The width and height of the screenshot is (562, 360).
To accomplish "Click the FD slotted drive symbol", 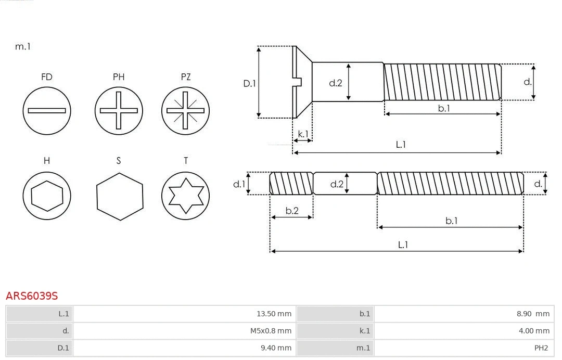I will point(47,110).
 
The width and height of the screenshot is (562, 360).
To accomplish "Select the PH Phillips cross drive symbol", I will point(119,110).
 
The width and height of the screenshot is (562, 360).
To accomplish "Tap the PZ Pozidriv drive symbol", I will point(185,110).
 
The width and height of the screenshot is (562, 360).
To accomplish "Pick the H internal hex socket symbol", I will point(47,196).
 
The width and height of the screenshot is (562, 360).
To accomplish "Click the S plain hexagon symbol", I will point(119,196).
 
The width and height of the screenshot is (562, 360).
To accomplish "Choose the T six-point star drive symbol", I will point(185,196).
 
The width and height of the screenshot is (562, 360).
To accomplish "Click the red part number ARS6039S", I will point(32,296).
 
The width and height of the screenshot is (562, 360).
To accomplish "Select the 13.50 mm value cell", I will point(184,314).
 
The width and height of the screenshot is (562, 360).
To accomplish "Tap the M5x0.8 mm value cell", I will point(184,331).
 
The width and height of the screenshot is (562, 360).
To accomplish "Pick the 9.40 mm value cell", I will point(184,348).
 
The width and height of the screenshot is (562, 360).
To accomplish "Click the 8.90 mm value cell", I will point(463,314).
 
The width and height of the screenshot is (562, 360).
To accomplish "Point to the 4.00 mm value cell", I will point(463,331).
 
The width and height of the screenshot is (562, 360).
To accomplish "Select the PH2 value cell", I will point(463,348).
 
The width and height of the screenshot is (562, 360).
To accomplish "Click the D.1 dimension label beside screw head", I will point(250,83).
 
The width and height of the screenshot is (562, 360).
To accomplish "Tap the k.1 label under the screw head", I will point(302,134).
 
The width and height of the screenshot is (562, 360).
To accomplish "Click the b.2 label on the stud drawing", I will point(292,211).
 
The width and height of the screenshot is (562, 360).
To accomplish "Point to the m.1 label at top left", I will point(23,46).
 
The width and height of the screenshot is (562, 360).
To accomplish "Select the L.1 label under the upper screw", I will point(401,145).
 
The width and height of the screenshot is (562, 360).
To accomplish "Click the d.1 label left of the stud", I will point(239,184).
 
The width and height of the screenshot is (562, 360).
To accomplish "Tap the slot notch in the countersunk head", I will point(298,82).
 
